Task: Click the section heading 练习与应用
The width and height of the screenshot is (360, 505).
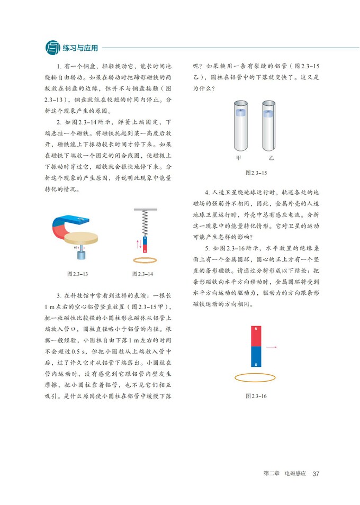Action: point(80,48)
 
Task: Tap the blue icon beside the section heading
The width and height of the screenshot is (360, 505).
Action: point(53,48)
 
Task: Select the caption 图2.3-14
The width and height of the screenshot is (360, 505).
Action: point(143,274)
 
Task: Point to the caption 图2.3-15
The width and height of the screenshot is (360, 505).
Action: point(256,173)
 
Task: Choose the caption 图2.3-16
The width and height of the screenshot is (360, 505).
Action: point(256,395)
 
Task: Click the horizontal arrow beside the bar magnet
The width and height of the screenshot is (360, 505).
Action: point(271,347)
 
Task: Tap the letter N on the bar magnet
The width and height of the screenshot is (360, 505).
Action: point(257,329)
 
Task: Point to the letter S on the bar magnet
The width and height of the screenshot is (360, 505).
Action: point(257,364)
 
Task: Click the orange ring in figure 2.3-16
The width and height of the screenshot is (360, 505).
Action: point(257,378)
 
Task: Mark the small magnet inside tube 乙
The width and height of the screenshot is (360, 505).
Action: point(269,112)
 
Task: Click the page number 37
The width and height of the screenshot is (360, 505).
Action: point(317,473)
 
